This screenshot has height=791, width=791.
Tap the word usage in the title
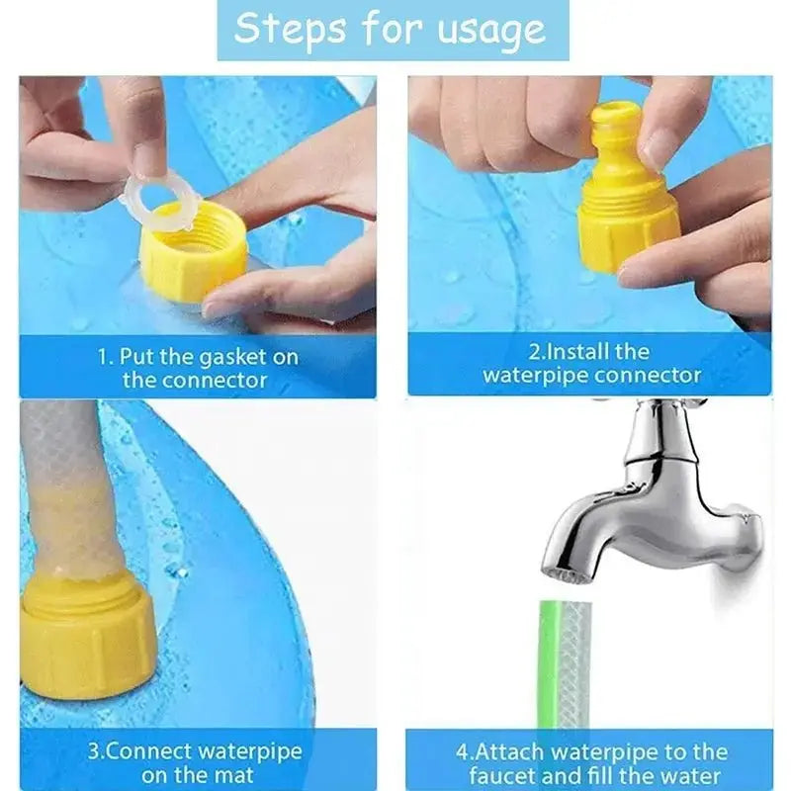491,30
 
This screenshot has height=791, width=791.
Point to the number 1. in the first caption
105,356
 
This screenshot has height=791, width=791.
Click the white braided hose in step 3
65,484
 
